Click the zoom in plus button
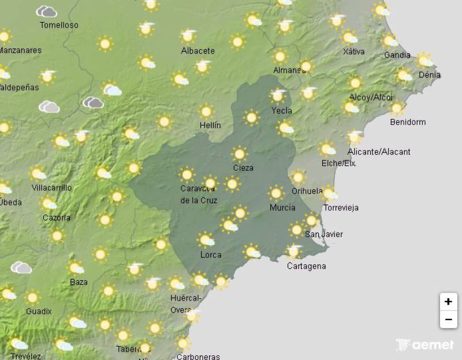pyautogui.click(x=448, y=301)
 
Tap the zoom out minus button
pyautogui.click(x=448, y=319)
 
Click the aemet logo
pyautogui.click(x=425, y=345)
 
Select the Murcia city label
pyautogui.click(x=282, y=208)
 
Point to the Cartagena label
pyautogui.click(x=306, y=266)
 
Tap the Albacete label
pyautogui.click(x=198, y=51)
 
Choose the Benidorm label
pyautogui.click(x=408, y=122)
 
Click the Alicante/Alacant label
pyautogui.click(x=379, y=152)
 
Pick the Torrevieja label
pyautogui.click(x=341, y=208)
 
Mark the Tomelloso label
pyautogui.click(x=59, y=25)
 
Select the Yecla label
pyautogui.click(x=281, y=110)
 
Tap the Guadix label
pyautogui.click(x=39, y=311)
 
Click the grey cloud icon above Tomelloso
pyautogui.click(x=46, y=12)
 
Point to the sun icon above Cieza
pyautogui.click(x=240, y=154)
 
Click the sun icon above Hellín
pyautogui.click(x=206, y=111)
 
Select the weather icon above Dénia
pyautogui.click(x=424, y=60)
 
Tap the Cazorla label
pyautogui.click(x=57, y=217)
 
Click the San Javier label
pyautogui.click(x=323, y=234)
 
